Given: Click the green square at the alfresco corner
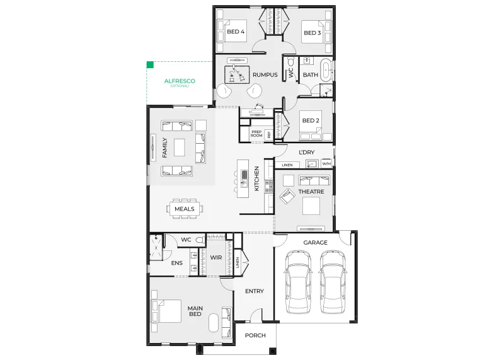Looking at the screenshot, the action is coord(150,65).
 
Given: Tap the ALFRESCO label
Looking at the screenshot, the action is coord(180,81).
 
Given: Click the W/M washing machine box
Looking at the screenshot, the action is coord(326,164).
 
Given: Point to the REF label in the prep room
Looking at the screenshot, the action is coord(269,135).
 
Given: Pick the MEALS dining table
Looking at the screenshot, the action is coord(185,209).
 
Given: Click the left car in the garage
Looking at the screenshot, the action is coord(298,282).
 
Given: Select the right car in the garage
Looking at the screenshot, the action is coord(333,282).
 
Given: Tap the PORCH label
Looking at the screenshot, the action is coord(255,335).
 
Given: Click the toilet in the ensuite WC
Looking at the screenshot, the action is coord(200,240).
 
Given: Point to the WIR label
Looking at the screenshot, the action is coord(216,257).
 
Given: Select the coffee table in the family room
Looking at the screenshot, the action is coord(180,148).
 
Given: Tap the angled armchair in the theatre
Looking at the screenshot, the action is coord(288,196).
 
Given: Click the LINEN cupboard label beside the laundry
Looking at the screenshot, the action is coord(287,165).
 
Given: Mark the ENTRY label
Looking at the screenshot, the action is coord(255,291).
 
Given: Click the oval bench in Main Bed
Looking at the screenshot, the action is coord(214,323).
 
